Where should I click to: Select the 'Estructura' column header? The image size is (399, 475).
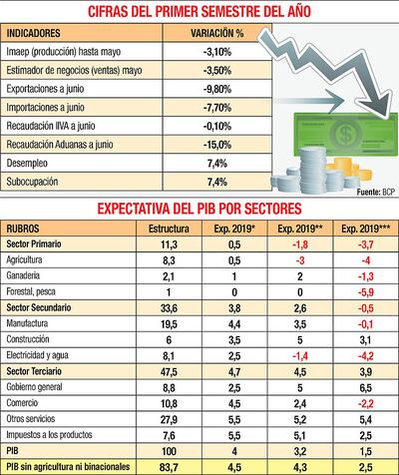[169, 228]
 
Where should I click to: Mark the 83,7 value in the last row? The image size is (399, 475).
[169, 465]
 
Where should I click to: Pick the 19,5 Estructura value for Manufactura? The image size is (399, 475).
[169, 325]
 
